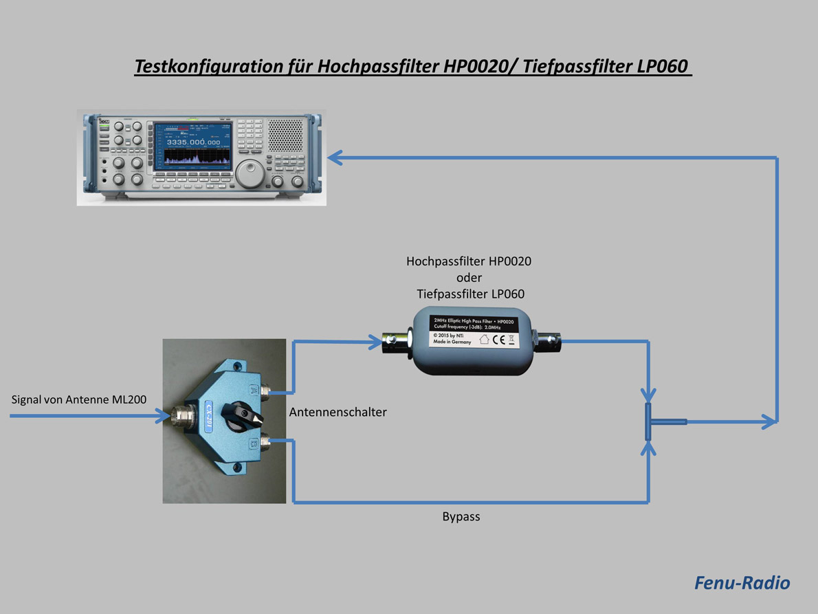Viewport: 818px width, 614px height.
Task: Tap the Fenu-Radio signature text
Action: tap(742, 583)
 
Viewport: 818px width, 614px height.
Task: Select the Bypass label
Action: tap(461, 517)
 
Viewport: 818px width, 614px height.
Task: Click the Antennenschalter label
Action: tap(338, 413)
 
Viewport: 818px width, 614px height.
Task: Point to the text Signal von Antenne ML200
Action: tap(78, 399)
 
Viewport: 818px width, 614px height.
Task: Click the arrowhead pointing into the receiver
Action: tap(335, 158)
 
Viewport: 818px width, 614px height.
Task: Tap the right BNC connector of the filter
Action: tap(549, 339)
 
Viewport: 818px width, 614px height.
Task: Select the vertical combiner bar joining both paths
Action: tap(648, 422)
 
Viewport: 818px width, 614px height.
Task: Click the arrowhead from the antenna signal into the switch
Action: tap(162, 416)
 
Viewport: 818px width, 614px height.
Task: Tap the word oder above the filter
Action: tap(469, 278)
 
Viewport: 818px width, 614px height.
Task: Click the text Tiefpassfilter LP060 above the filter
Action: tap(470, 294)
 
